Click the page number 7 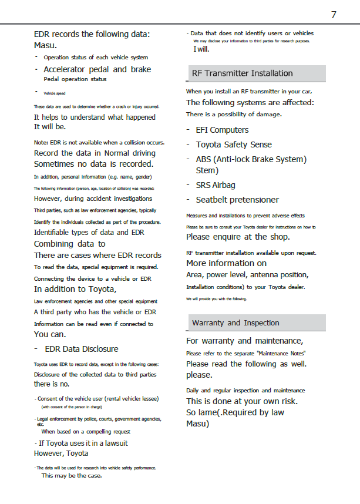click(334, 15)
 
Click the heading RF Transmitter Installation click(242, 73)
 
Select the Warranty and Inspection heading click(235, 323)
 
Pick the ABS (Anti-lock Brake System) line click(251, 159)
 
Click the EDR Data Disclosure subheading click(82, 349)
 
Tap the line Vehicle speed click(55, 93)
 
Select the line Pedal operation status click(75, 79)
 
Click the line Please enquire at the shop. click(238, 237)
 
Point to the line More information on click(226, 263)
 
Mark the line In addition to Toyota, click(75, 289)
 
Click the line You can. click(50, 334)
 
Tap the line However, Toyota click(61, 453)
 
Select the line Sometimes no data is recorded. click(93, 164)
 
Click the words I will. click(201, 49)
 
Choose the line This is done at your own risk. click(241, 401)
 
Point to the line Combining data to click(69, 244)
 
